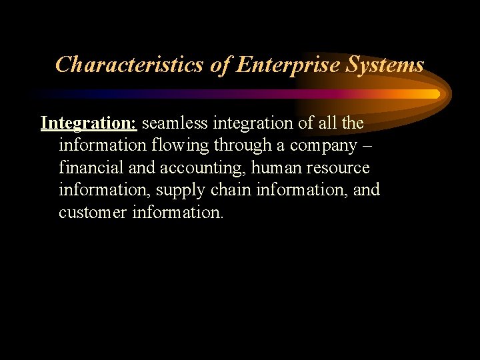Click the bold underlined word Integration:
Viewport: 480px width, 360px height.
[89, 123]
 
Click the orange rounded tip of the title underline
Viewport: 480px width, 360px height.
[436, 94]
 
